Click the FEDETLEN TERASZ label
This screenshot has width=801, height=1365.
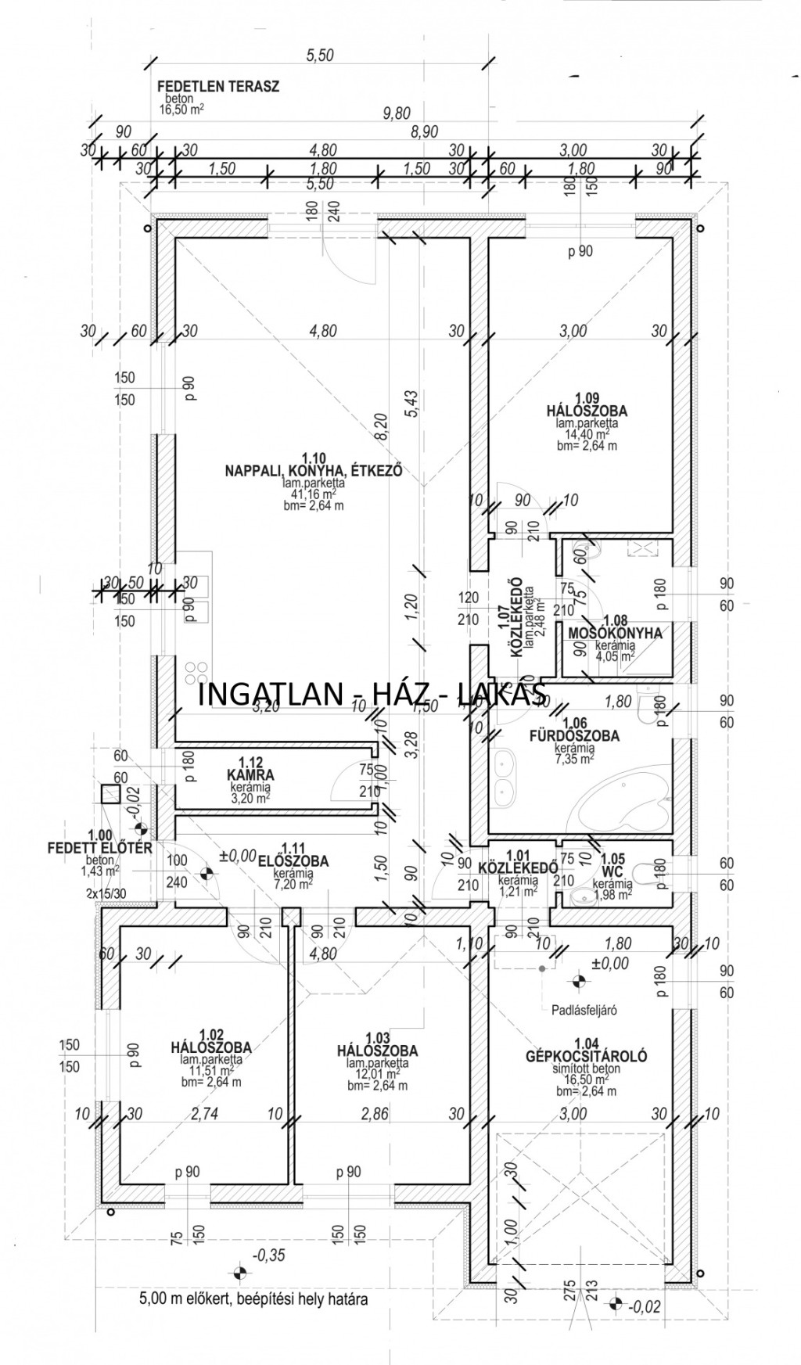coord(218,87)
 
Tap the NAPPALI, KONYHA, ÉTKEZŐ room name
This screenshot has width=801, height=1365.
coord(313,472)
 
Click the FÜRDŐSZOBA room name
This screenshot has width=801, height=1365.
coord(585,736)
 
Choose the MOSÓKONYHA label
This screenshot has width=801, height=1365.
coord(615,633)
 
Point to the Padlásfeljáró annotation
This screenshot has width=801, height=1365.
coord(584,1009)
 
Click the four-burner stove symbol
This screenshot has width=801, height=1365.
coord(197,674)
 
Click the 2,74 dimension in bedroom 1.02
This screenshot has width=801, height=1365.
coord(204,1114)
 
